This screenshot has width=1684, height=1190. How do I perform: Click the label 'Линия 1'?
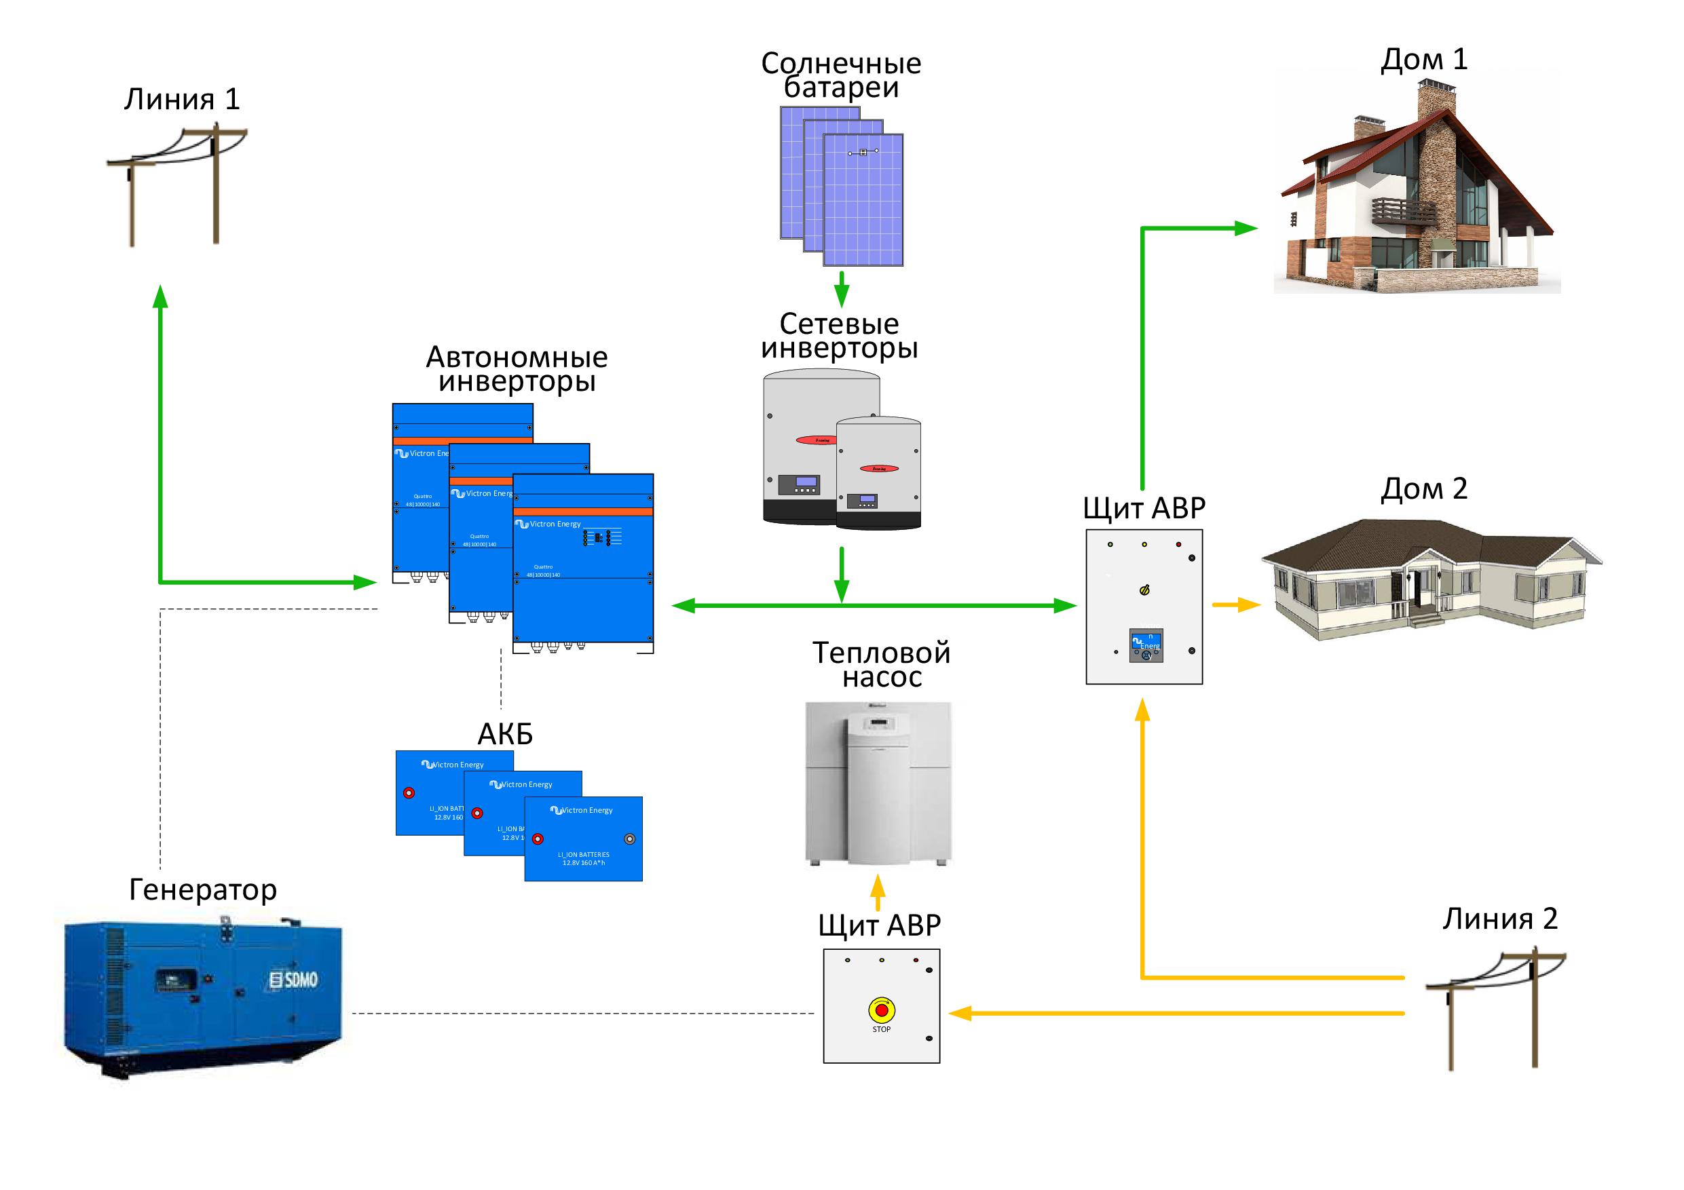pyautogui.click(x=182, y=100)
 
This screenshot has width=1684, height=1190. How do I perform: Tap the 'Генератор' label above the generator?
pyautogui.click(x=203, y=890)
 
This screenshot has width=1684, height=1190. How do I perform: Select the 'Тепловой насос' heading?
pyautogui.click(x=881, y=664)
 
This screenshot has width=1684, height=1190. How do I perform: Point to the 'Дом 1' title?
pyautogui.click(x=1423, y=60)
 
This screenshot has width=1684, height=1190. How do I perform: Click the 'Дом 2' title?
pyautogui.click(x=1423, y=489)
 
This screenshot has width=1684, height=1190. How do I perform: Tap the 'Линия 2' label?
pyautogui.click(x=1500, y=919)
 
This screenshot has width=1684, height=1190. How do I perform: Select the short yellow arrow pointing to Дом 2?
pyautogui.click(x=1236, y=605)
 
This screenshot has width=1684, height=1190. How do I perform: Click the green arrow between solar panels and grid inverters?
pyautogui.click(x=841, y=289)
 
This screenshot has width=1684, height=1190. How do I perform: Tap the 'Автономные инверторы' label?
pyautogui.click(x=517, y=370)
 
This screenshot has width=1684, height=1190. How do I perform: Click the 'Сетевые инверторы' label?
pyautogui.click(x=839, y=336)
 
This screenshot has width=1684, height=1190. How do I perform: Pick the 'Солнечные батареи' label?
pyautogui.click(x=840, y=75)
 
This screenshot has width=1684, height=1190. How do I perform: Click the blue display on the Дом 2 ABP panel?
pyautogui.click(x=1146, y=645)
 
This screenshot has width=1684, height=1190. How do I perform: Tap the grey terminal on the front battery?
pyautogui.click(x=629, y=839)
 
